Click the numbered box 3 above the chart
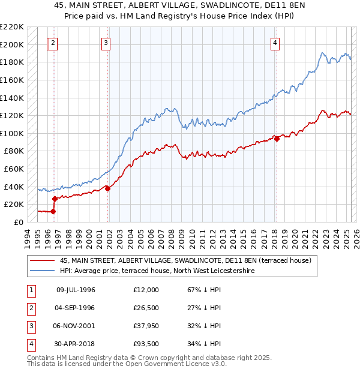point(106,43)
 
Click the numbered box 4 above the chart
point(275,43)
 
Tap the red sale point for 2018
point(277,139)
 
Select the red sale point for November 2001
point(108,188)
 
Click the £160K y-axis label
point(13,80)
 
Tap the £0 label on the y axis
point(19,222)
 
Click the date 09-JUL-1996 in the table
point(76,290)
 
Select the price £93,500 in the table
point(147,344)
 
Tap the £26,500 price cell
point(147,308)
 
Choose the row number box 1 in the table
point(31,290)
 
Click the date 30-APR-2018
point(76,344)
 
